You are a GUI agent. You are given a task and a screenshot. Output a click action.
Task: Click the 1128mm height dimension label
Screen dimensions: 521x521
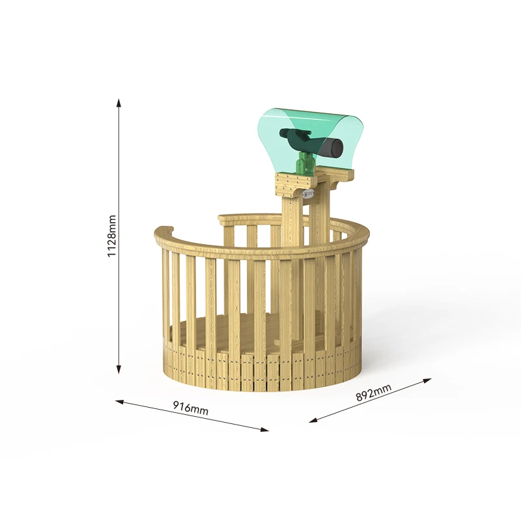tap(112, 236)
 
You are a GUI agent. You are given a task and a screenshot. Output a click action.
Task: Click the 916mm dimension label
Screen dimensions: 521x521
tap(191, 408)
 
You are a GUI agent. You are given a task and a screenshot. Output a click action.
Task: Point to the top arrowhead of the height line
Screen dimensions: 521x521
tap(119, 102)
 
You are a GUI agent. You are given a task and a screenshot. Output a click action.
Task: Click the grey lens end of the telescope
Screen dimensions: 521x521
tap(333, 148)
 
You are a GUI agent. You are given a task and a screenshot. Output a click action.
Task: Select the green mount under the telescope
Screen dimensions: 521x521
tap(304, 163)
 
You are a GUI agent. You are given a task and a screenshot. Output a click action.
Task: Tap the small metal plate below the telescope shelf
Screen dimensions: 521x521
tap(309, 193)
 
